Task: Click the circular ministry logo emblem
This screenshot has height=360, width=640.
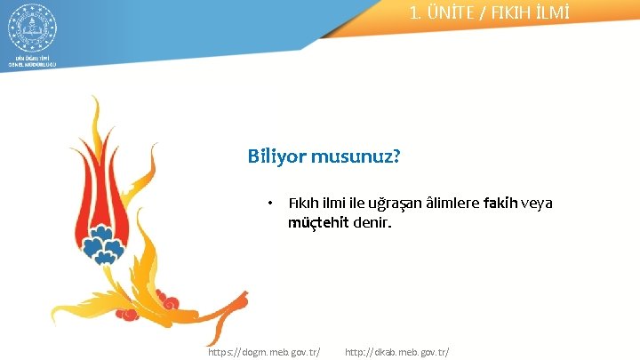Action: click(x=32, y=28)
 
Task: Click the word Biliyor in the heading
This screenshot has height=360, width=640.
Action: click(x=276, y=157)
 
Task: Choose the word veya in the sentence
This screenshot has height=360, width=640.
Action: click(x=538, y=204)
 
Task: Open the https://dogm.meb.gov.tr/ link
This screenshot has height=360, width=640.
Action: click(x=264, y=352)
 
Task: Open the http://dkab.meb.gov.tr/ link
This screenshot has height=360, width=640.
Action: click(x=396, y=352)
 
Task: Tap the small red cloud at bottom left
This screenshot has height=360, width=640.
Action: click(x=129, y=313)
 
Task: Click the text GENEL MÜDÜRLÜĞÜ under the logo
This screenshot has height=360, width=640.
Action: click(x=32, y=65)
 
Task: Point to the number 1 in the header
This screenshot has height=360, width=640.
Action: click(x=415, y=13)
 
